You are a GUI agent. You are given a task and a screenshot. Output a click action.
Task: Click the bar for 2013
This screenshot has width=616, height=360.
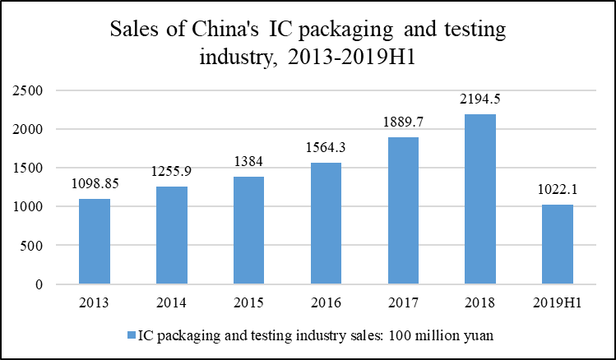pyautogui.click(x=95, y=242)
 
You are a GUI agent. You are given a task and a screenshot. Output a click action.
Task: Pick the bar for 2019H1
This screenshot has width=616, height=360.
pyautogui.click(x=557, y=244)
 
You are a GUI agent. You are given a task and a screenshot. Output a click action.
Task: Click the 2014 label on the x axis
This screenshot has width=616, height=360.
pyautogui.click(x=171, y=302)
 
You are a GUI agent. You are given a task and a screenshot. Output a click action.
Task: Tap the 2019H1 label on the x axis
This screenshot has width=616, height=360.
pyautogui.click(x=557, y=302)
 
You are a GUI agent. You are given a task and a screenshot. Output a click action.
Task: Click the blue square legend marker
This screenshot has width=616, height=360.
pyautogui.click(x=132, y=335)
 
